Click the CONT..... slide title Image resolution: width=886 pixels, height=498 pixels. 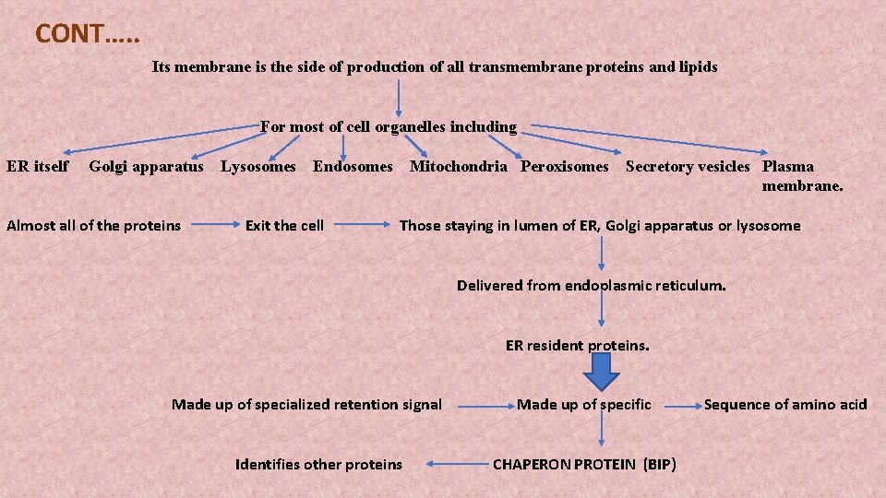coord(87,33)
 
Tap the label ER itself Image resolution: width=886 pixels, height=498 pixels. coord(38,167)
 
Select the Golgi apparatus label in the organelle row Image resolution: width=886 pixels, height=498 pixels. coord(146,167)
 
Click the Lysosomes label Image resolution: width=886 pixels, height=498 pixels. coord(258,167)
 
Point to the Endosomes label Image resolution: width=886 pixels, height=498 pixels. coord(353,167)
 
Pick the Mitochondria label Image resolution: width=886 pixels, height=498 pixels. coord(458,167)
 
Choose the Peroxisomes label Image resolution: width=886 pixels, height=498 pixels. coord(565,167)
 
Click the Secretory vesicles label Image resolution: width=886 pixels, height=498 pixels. coord(688,167)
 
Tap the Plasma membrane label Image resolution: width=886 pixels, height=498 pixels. coord(800,176)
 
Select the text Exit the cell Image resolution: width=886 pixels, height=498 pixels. coord(284,226)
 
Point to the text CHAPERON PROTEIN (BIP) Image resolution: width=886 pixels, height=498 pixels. coord(584,464)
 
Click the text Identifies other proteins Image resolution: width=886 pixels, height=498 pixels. coord(318,464)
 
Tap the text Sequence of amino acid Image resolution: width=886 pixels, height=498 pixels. coord(785,404)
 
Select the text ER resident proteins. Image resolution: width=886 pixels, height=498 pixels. coord(578,346)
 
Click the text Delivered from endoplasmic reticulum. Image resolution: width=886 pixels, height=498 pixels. coord(591,285)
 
